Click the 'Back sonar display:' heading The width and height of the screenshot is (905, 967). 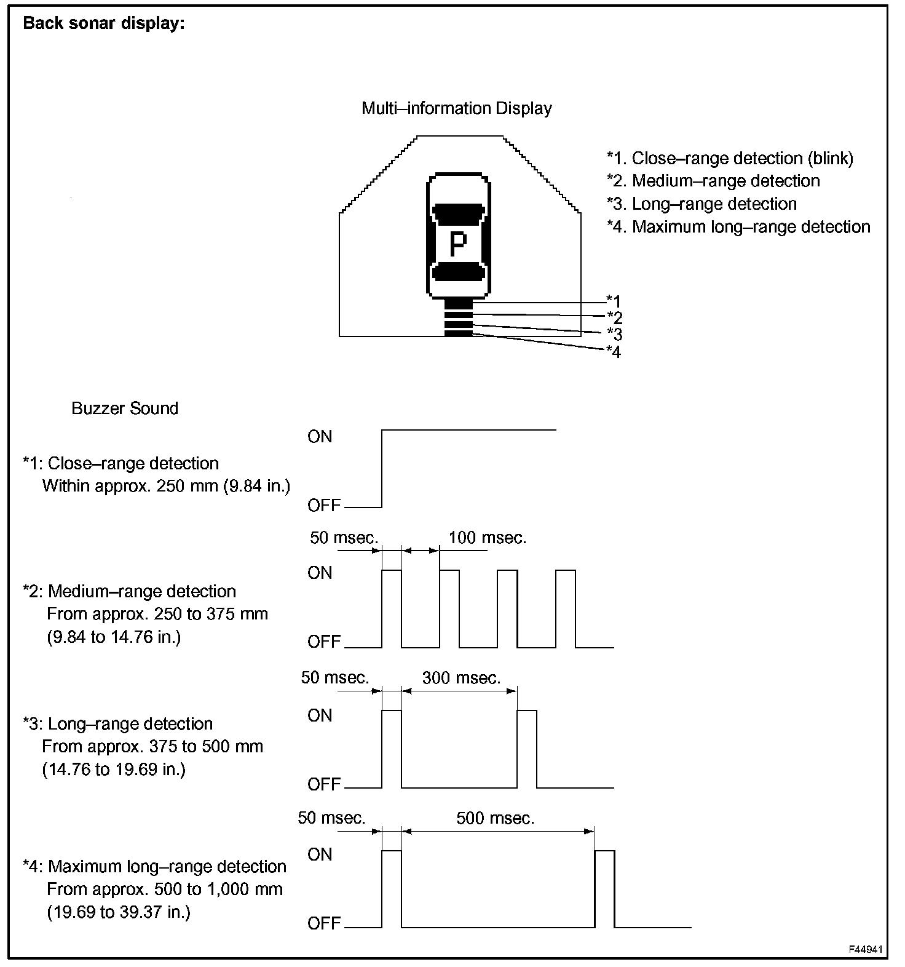tap(103, 24)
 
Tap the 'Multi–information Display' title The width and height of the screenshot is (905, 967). tap(456, 108)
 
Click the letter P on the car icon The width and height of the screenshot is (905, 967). tap(458, 244)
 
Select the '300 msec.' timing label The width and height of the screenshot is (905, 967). tap(461, 678)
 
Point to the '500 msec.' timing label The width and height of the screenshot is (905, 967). tap(495, 818)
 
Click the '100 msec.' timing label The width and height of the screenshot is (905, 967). tap(487, 538)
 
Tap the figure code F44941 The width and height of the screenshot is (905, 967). tap(866, 949)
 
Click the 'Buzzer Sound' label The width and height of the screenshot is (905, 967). tap(125, 408)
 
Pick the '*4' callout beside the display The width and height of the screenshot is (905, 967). tap(614, 352)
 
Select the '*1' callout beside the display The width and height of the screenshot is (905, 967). tap(614, 301)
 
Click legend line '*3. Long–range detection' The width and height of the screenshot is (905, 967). tap(701, 204)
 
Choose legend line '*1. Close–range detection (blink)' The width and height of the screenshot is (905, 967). tap(730, 158)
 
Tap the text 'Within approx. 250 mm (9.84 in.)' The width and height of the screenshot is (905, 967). tap(166, 486)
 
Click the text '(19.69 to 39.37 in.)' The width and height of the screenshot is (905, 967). tap(119, 912)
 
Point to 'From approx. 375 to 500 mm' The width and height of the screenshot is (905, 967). tap(152, 746)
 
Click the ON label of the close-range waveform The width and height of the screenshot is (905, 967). tap(320, 437)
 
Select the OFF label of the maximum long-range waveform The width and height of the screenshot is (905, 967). tap(324, 923)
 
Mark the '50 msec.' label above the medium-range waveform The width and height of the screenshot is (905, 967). tap(344, 538)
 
